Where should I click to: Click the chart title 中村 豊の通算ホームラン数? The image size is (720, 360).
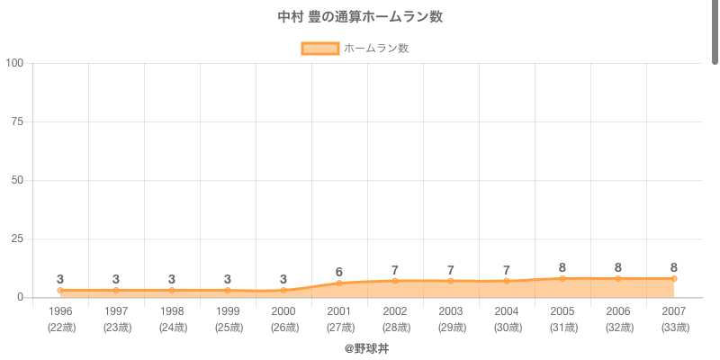click(x=360, y=17)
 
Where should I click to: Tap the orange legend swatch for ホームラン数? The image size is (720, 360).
click(x=320, y=49)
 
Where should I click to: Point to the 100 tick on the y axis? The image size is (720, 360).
click(x=14, y=63)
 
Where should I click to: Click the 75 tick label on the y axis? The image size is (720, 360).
click(x=17, y=121)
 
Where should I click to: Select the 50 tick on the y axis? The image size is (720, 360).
click(x=17, y=180)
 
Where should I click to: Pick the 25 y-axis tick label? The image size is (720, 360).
click(x=17, y=238)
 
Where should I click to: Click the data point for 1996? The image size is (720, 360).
click(x=60, y=291)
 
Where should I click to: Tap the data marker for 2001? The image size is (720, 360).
click(x=339, y=283)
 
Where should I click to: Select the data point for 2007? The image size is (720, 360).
click(x=674, y=279)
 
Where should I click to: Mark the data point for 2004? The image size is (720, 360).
click(x=507, y=281)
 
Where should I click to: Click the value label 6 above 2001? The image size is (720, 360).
click(x=339, y=272)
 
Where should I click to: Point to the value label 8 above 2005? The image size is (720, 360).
click(x=562, y=267)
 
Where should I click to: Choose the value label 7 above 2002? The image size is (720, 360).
click(x=395, y=270)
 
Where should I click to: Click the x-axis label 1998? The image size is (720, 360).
click(x=172, y=311)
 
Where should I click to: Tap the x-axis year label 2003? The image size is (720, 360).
click(x=451, y=311)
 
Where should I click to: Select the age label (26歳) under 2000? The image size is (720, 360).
click(x=283, y=328)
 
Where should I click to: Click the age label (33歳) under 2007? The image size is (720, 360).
click(x=674, y=328)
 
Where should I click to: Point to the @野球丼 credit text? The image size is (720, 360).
click(x=366, y=348)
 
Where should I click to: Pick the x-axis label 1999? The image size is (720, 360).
click(x=228, y=311)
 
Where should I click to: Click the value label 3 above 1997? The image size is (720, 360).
click(x=116, y=279)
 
